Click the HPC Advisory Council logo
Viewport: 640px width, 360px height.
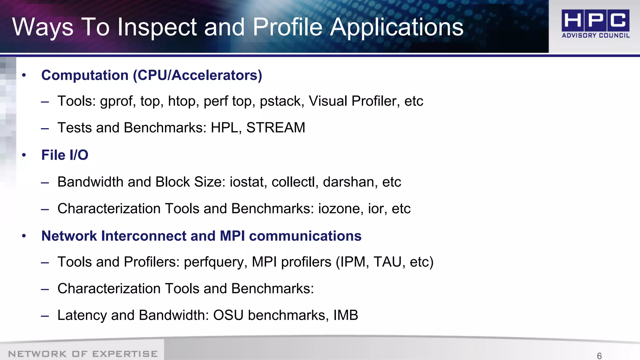pos(595,24)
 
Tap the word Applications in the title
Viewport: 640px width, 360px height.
pos(397,27)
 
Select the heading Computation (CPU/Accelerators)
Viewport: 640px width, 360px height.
pos(152,75)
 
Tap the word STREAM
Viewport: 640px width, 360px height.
pos(276,127)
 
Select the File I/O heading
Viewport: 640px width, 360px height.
pos(65,155)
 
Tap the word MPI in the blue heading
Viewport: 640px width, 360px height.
pos(232,236)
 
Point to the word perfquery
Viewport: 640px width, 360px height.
pos(215,262)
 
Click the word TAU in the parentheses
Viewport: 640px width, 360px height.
pos(387,262)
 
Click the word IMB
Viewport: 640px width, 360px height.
pos(346,315)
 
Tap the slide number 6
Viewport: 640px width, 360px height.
pos(599,356)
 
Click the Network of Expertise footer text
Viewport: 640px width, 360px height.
pos(83,354)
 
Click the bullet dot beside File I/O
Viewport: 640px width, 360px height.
pos(24,155)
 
